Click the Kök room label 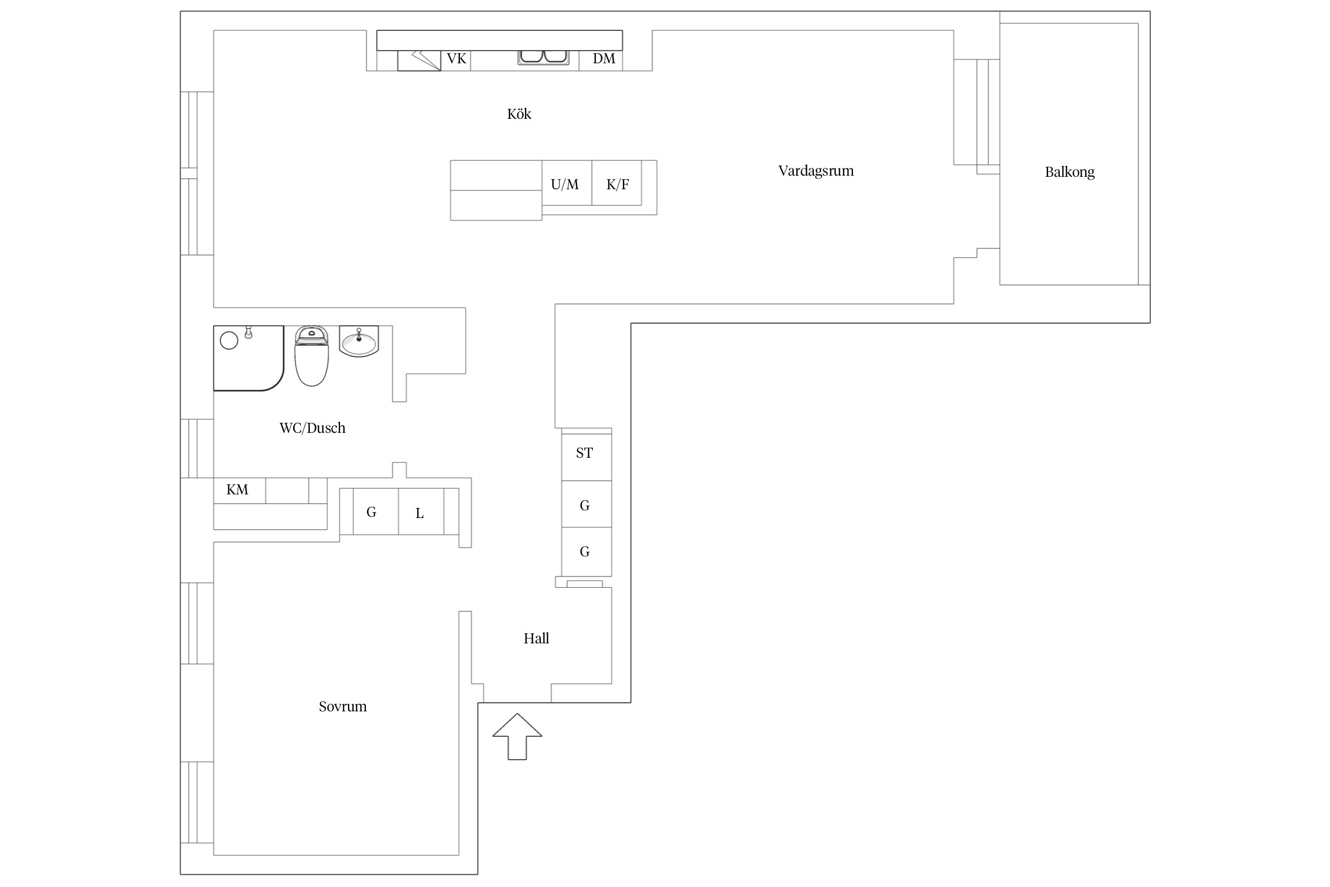tap(519, 114)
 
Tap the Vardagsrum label tap(816, 171)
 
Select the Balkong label tap(1069, 172)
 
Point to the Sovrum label tap(342, 706)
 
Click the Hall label tap(536, 638)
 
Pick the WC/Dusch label tap(312, 428)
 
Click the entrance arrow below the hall tap(517, 736)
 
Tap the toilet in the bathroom tap(311, 356)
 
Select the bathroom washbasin tap(359, 341)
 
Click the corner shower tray tap(248, 358)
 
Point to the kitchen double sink tap(543, 57)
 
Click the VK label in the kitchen tap(456, 59)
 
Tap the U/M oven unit tap(567, 183)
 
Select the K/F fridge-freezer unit tap(617, 183)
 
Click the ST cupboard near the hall tap(586, 457)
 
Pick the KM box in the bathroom tap(239, 490)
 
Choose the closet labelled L tap(421, 512)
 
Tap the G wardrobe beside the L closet tap(375, 512)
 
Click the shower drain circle tap(229, 340)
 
